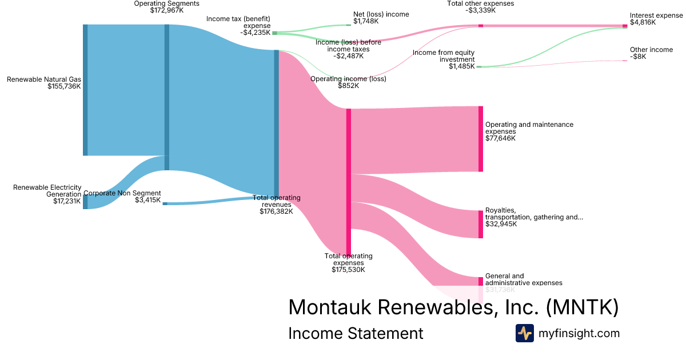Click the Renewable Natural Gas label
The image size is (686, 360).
coord(44,79)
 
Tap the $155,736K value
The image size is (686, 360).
coord(65,87)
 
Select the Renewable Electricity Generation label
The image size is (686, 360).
coord(47,191)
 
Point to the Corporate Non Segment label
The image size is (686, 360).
coord(122,193)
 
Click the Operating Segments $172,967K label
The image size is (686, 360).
coord(167,7)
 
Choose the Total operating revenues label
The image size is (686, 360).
coord(277,201)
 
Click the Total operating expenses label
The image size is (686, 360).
coord(349,259)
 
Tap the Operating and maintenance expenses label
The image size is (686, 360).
coord(529,128)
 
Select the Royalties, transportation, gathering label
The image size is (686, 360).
coord(534,214)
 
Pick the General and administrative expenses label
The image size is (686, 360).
coord(523,279)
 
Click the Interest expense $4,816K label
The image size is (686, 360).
coord(656,18)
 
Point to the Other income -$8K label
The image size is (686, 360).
coord(651,53)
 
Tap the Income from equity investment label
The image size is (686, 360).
coord(444,56)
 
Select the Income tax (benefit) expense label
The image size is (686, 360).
coord(238,26)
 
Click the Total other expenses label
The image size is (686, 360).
coord(481,6)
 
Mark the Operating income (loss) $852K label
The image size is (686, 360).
coord(348,82)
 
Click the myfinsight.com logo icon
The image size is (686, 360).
coord(525,333)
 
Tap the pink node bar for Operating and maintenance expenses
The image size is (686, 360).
coord(481,139)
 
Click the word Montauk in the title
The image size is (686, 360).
coord(330,307)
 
